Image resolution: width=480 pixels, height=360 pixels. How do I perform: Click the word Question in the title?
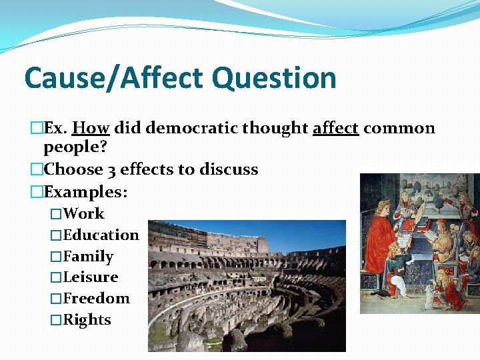(274, 78)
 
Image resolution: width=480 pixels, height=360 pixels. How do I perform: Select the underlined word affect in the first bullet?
(336, 128)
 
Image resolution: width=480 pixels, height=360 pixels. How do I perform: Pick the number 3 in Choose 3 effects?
(112, 169)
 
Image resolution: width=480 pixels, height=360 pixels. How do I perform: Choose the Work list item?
(83, 213)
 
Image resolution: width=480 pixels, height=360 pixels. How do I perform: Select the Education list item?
(101, 235)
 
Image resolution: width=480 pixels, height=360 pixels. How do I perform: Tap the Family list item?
(88, 256)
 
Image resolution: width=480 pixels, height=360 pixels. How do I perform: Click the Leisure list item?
(90, 277)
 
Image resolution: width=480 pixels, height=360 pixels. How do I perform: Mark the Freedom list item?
(96, 298)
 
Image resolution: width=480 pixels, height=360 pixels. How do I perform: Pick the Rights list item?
(87, 319)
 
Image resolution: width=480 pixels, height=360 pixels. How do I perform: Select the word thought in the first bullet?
(275, 128)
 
